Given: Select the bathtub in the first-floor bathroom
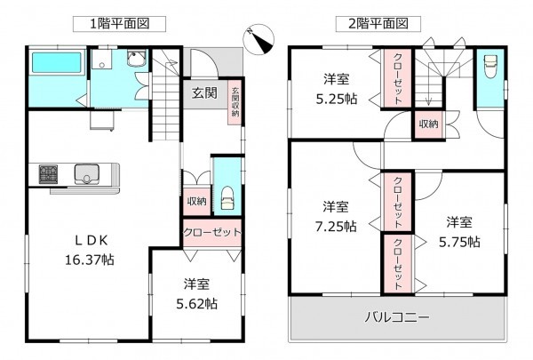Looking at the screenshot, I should [57, 64].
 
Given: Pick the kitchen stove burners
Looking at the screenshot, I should [47, 174].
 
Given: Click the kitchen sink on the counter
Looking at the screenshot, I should [87, 174].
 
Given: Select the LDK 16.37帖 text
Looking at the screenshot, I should [89, 250].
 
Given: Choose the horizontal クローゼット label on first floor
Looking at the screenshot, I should [212, 233].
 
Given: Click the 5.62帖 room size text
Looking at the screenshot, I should [197, 294].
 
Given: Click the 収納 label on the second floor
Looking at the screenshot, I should [426, 124].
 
